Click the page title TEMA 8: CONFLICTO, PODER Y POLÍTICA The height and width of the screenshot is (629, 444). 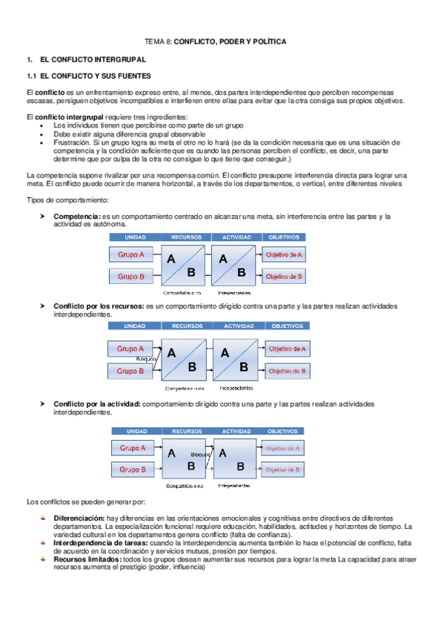point(214,42)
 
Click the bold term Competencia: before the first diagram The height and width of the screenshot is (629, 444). point(77,216)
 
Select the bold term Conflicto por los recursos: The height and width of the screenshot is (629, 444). point(99,306)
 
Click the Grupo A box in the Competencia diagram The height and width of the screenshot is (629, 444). point(132,255)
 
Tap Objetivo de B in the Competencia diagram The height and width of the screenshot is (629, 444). point(284,277)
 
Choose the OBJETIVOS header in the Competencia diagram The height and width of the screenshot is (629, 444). point(283,237)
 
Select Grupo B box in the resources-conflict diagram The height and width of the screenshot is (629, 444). point(132,370)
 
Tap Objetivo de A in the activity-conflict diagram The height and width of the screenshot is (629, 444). point(284,448)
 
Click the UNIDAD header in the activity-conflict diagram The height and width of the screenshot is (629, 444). point(136,431)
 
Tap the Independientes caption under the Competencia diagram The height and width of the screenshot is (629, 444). point(235,292)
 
